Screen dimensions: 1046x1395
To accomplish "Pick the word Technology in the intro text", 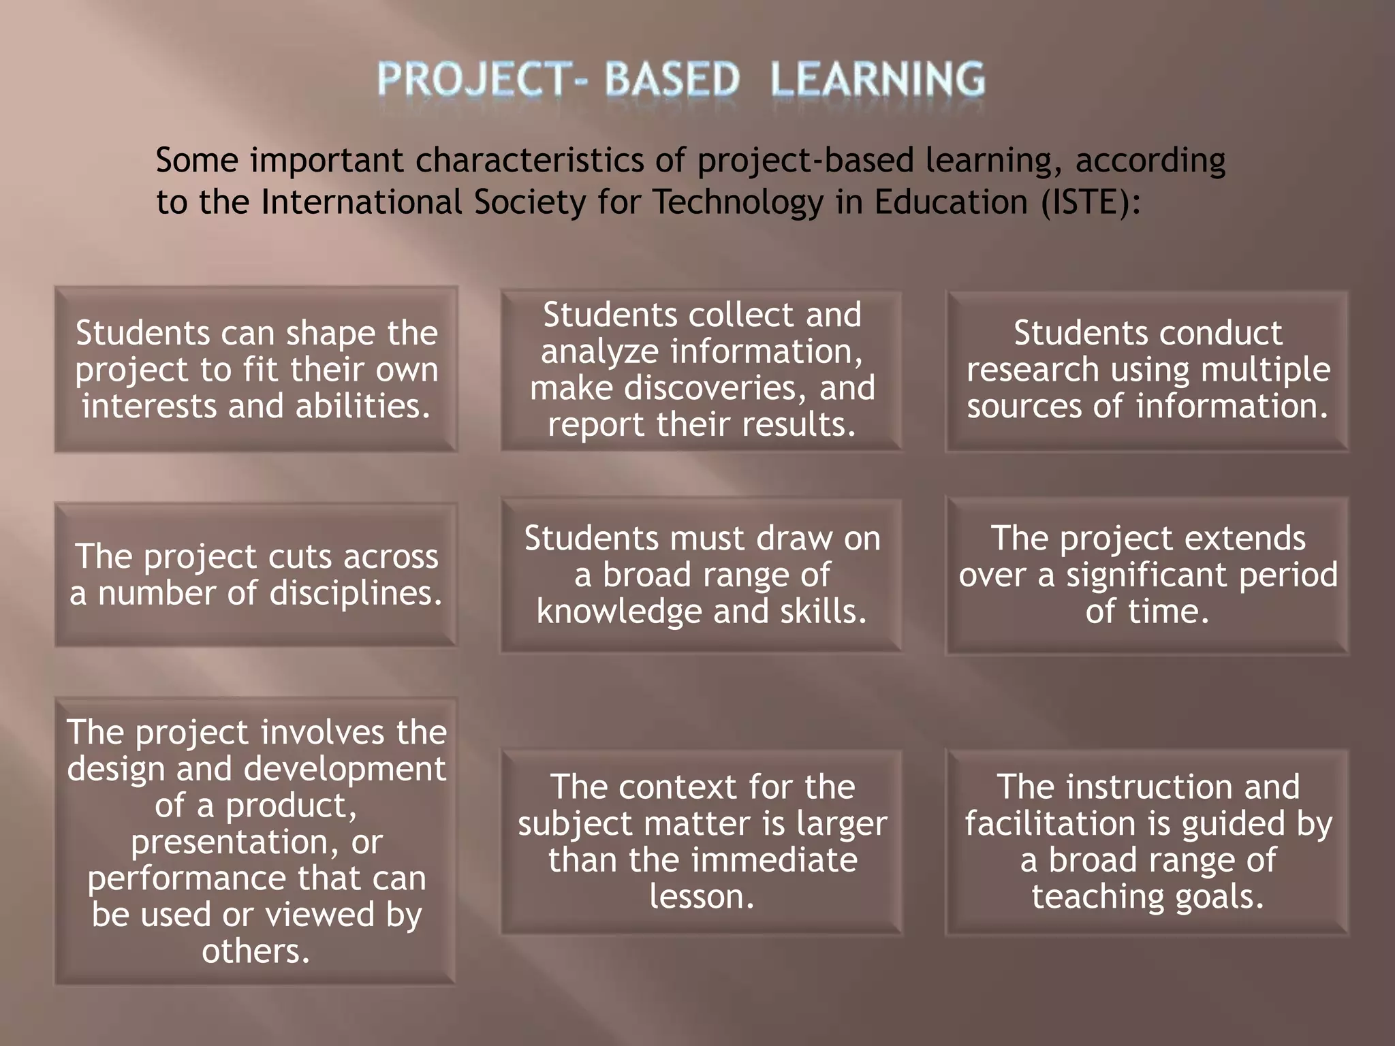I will coord(738,202).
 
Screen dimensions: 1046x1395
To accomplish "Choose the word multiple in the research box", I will coord(1265,370).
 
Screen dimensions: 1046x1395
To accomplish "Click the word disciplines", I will coord(356,593).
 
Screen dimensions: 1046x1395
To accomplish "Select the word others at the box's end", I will coord(256,951).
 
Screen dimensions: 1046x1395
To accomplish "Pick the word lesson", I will coord(702,897).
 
